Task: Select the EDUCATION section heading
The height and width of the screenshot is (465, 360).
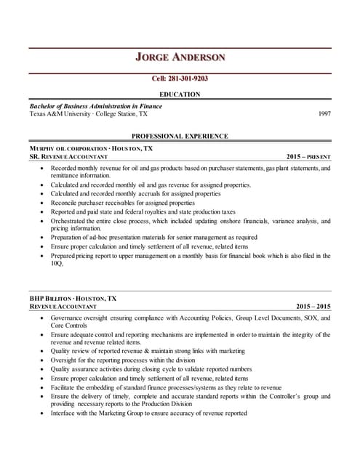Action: pos(180,94)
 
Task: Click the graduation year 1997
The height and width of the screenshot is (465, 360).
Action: pos(325,114)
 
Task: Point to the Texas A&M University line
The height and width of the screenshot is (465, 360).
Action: pos(88,114)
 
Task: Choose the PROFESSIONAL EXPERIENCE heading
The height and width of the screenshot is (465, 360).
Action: pos(180,136)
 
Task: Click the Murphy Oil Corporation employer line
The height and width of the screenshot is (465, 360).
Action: pos(91,148)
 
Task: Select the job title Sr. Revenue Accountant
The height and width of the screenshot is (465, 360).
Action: pos(68,157)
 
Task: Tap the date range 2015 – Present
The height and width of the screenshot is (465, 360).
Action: pos(308,157)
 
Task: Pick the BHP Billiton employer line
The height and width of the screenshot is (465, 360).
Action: pos(73,299)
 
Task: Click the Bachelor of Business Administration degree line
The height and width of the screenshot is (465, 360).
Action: pos(95,106)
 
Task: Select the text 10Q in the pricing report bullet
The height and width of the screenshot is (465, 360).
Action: pos(57,264)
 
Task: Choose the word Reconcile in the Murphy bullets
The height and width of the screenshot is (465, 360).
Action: pos(66,203)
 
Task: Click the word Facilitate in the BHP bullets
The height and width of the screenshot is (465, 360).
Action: pos(65,388)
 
